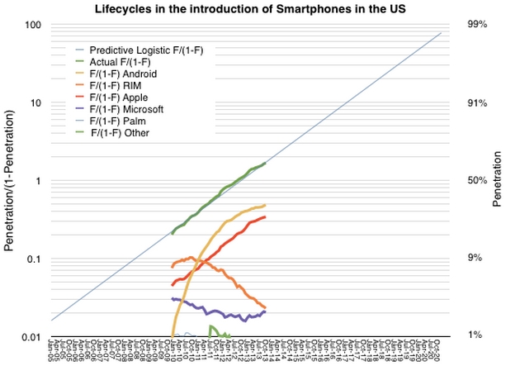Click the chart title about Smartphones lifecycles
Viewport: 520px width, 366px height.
pos(261,8)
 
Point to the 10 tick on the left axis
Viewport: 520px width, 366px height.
pos(35,103)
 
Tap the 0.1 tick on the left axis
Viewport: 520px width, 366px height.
pos(34,259)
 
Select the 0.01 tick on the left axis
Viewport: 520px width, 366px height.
pos(31,337)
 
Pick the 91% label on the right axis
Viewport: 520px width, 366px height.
pos(478,103)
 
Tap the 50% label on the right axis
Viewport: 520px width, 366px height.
pos(478,181)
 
